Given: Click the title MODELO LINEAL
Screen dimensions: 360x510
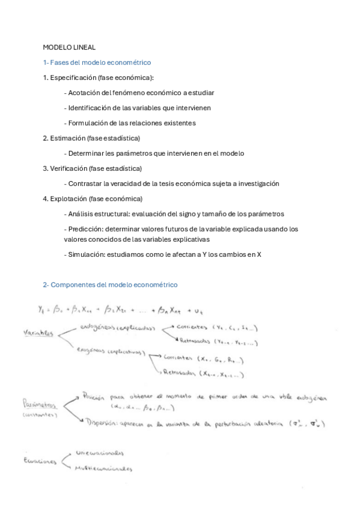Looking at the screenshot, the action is point(69,47).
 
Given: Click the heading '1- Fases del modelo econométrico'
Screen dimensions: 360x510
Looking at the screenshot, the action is point(97,63).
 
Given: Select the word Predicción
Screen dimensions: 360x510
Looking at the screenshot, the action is point(86,229).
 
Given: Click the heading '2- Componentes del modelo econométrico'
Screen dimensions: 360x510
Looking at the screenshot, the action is point(110,284).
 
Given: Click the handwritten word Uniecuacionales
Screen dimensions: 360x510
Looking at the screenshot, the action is point(100,453).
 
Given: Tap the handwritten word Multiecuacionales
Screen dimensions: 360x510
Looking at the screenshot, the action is point(103,469).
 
